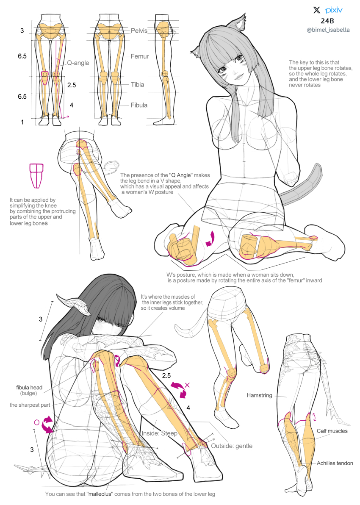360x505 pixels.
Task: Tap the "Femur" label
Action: click(139, 56)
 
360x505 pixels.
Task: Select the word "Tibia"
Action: click(137, 85)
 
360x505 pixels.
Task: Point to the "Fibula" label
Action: click(139, 105)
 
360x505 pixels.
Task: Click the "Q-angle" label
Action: click(78, 63)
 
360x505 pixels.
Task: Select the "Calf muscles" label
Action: click(332, 431)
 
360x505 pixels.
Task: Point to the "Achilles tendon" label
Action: click(335, 463)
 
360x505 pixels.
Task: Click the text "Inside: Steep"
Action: click(159, 433)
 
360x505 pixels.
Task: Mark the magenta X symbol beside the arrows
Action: click(187, 386)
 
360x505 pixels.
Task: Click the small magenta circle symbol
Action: click(36, 422)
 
